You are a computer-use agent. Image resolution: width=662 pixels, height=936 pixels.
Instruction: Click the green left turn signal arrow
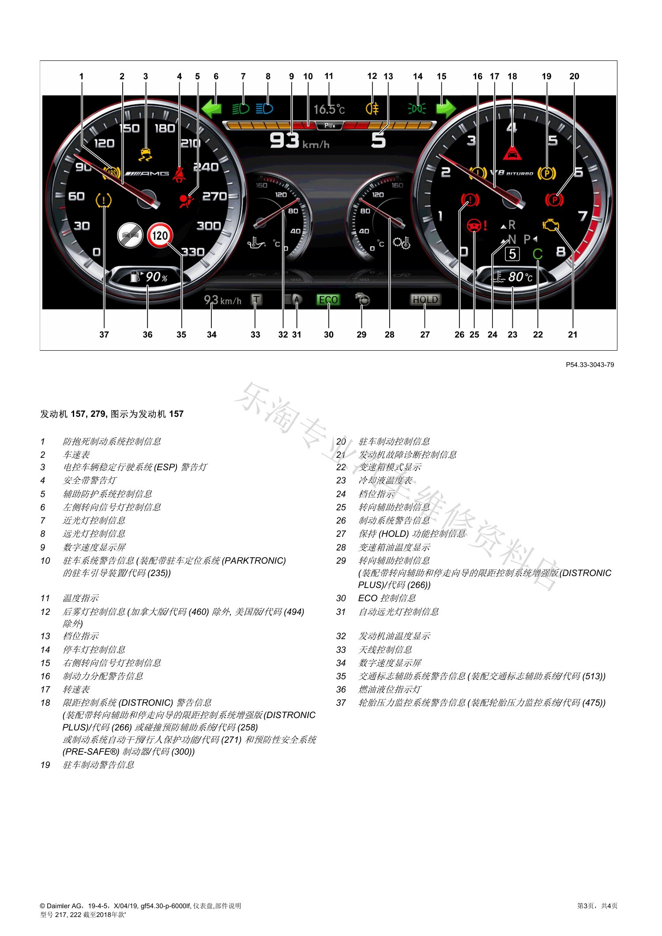click(211, 108)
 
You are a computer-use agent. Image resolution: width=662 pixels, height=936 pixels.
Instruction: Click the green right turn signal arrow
click(446, 108)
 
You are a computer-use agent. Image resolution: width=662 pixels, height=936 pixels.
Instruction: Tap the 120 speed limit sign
click(160, 235)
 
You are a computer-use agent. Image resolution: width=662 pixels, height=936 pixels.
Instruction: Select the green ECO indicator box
click(328, 300)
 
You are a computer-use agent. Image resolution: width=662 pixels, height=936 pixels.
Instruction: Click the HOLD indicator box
click(425, 300)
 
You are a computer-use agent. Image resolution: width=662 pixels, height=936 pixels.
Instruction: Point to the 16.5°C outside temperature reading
click(329, 109)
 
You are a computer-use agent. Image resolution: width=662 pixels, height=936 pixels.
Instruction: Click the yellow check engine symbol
click(550, 225)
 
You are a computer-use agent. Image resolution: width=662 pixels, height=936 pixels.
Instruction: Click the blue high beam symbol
click(264, 108)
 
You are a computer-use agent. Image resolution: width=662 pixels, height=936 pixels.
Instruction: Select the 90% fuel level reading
click(157, 277)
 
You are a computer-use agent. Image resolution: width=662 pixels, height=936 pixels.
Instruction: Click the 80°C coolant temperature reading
click(520, 277)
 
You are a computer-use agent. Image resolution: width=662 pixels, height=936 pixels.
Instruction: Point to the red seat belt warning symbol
click(179, 175)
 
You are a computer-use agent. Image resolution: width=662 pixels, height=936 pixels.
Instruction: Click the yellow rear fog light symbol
click(372, 108)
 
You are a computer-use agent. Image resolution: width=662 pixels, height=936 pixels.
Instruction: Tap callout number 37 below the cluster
click(104, 334)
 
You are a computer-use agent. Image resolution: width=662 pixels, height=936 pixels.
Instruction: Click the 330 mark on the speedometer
click(193, 252)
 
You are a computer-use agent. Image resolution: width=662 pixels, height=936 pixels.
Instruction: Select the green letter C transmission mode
click(537, 254)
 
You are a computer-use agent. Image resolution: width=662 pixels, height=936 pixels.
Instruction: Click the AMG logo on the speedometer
click(147, 174)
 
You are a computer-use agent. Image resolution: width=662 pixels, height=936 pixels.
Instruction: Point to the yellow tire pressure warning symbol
click(104, 201)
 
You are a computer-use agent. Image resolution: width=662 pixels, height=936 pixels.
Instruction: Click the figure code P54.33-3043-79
click(590, 365)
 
